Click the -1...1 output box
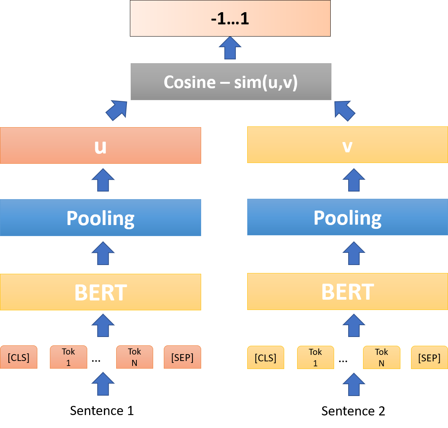click(230, 18)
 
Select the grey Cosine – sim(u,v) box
click(231, 82)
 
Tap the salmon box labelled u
click(101, 145)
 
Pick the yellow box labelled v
click(347, 145)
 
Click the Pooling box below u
click(101, 218)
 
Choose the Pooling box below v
click(347, 217)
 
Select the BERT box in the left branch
click(101, 292)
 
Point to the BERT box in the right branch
click(347, 292)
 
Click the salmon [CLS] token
click(19, 357)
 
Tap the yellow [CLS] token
click(266, 358)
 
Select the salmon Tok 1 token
click(69, 357)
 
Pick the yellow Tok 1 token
click(315, 358)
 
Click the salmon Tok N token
click(134, 357)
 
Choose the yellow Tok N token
click(381, 358)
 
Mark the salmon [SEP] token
click(182, 357)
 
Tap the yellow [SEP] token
click(429, 358)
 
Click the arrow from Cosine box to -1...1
click(230, 48)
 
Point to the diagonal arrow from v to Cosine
click(344, 110)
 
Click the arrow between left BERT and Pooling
click(103, 253)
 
